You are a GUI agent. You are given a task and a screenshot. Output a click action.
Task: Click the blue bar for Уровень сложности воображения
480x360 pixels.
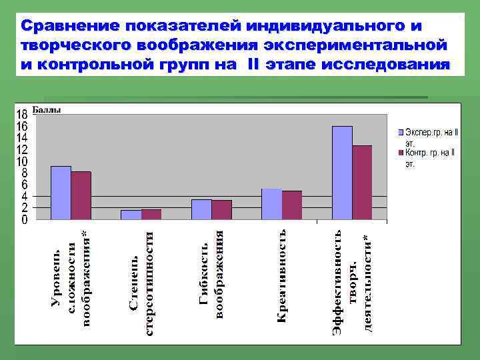pyautogui.click(x=61, y=193)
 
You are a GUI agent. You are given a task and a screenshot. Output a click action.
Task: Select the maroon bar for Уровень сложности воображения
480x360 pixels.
pyautogui.click(x=81, y=195)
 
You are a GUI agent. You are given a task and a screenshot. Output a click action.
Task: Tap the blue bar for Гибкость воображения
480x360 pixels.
pyautogui.click(x=201, y=209)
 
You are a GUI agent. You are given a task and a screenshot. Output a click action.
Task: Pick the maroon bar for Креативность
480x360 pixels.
pyautogui.click(x=292, y=205)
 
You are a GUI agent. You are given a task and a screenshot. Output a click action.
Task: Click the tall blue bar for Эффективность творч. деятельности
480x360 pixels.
pyautogui.click(x=342, y=173)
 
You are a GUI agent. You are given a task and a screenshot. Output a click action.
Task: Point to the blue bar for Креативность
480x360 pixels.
pyautogui.click(x=271, y=204)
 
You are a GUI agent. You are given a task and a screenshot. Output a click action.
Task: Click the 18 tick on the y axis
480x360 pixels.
pyautogui.click(x=22, y=115)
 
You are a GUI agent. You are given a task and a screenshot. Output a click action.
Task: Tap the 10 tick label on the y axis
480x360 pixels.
pyautogui.click(x=22, y=161)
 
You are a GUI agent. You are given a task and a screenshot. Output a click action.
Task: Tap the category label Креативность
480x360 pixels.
pyautogui.click(x=281, y=276)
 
